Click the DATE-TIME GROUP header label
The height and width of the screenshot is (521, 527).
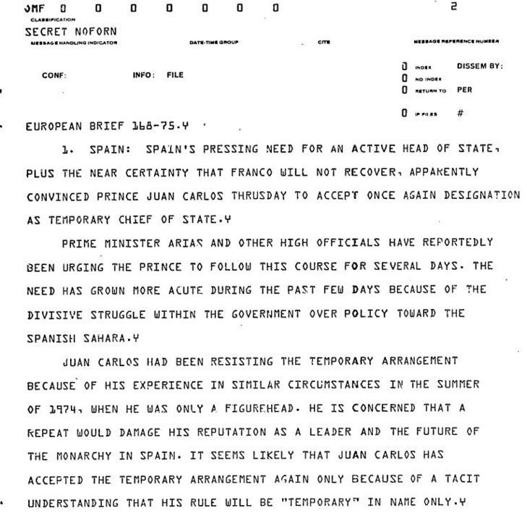point(210,41)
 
